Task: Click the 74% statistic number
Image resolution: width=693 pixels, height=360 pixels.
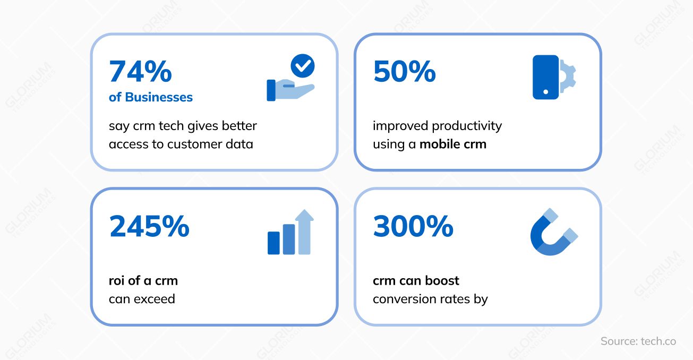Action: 140,72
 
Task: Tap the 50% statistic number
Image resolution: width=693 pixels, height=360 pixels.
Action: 404,72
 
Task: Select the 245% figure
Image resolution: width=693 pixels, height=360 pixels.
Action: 149,227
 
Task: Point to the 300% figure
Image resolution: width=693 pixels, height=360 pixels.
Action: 413,227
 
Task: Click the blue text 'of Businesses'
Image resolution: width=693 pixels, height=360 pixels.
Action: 151,97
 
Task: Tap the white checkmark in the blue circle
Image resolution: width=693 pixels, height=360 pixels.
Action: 303,66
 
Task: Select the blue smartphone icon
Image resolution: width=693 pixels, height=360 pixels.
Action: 545,77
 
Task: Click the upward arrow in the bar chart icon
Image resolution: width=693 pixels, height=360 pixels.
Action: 304,231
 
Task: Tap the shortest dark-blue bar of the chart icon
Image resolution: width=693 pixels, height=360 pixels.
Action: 273,243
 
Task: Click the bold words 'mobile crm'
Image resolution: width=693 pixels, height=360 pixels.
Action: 453,144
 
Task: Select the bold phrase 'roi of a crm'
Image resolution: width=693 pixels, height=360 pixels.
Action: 143,280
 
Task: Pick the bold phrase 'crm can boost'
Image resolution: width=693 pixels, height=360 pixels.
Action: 416,280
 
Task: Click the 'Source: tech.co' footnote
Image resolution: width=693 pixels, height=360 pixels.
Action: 638,341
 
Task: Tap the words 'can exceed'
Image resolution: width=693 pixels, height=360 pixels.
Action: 142,299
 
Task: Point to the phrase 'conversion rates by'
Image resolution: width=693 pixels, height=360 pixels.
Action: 430,299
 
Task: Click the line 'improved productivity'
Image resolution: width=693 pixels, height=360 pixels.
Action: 437,126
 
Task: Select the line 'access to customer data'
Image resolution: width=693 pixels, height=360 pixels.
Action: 181,144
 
